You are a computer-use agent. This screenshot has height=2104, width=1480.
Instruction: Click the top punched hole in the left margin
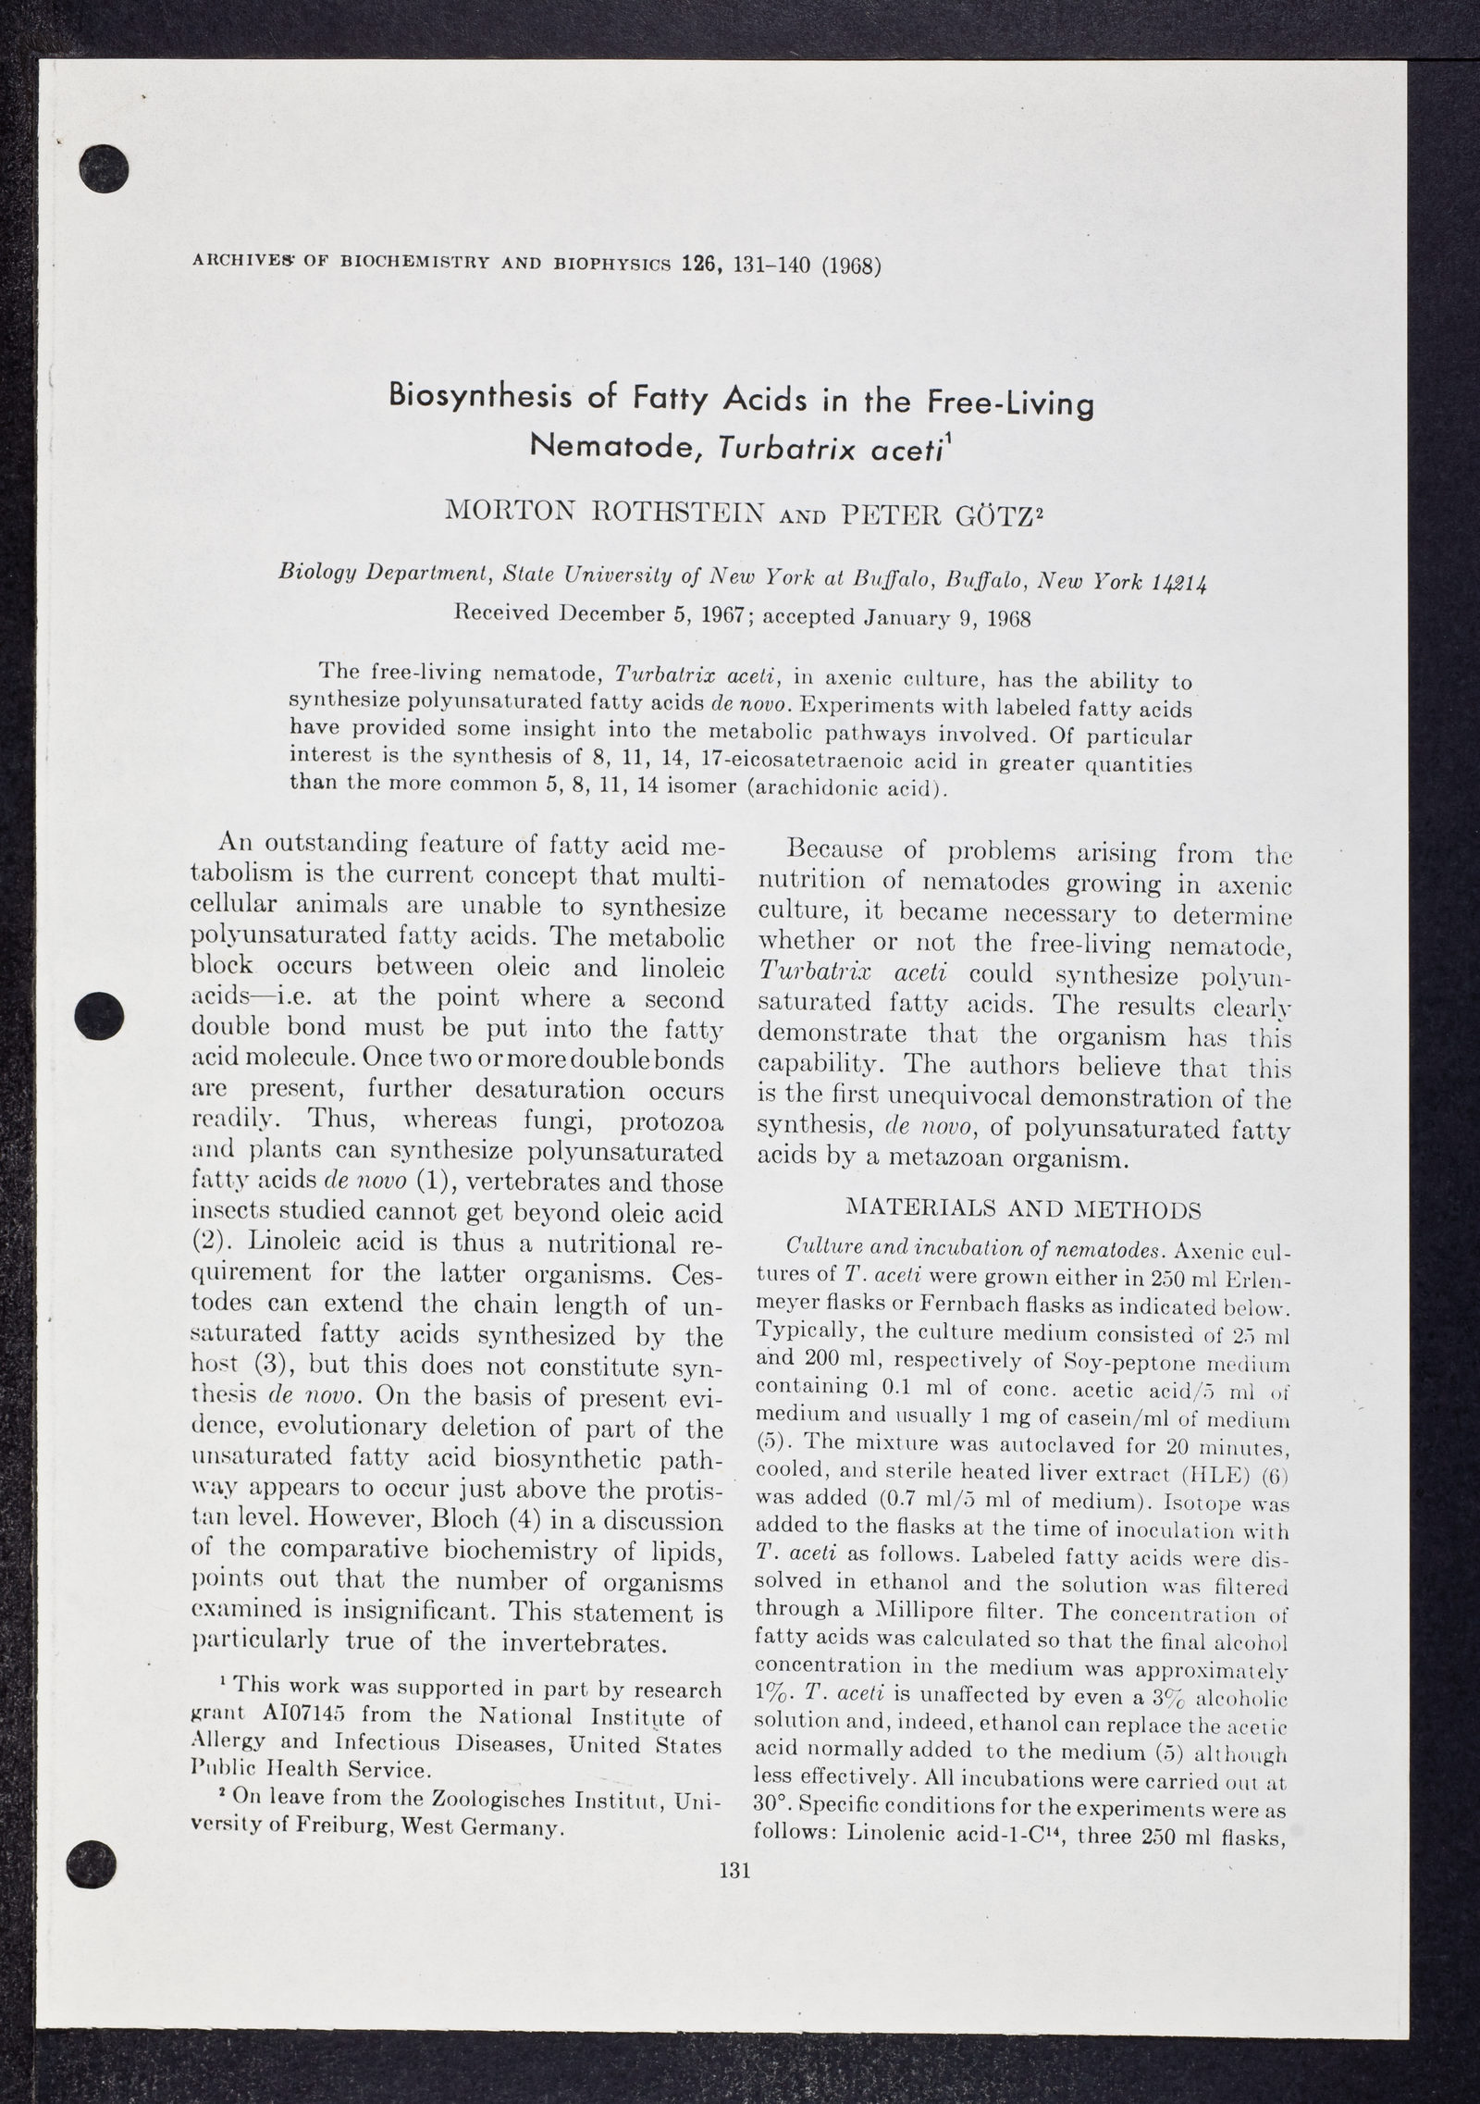103,170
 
